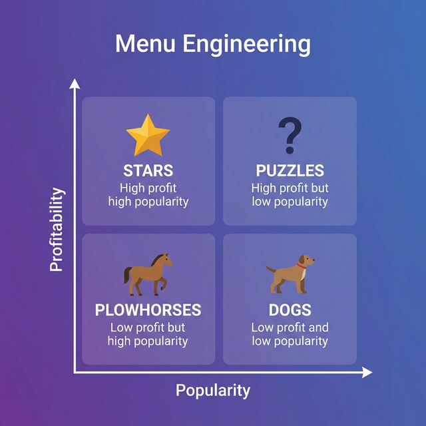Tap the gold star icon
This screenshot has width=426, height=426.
148,135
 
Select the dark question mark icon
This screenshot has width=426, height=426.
290,136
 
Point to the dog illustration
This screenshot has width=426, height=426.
291,273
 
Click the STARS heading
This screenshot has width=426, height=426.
148,170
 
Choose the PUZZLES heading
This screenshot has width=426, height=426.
290,170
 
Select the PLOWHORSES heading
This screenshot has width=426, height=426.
148,310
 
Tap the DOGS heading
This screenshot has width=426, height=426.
290,310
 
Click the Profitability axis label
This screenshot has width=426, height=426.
58,230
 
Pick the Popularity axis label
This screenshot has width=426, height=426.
213,390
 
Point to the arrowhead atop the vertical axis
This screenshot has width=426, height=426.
75,84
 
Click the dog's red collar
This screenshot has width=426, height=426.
302,267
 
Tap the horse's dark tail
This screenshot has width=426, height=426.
127,275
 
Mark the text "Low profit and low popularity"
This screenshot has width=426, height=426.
290,334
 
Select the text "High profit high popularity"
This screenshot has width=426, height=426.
148,194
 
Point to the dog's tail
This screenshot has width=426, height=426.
270,270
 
